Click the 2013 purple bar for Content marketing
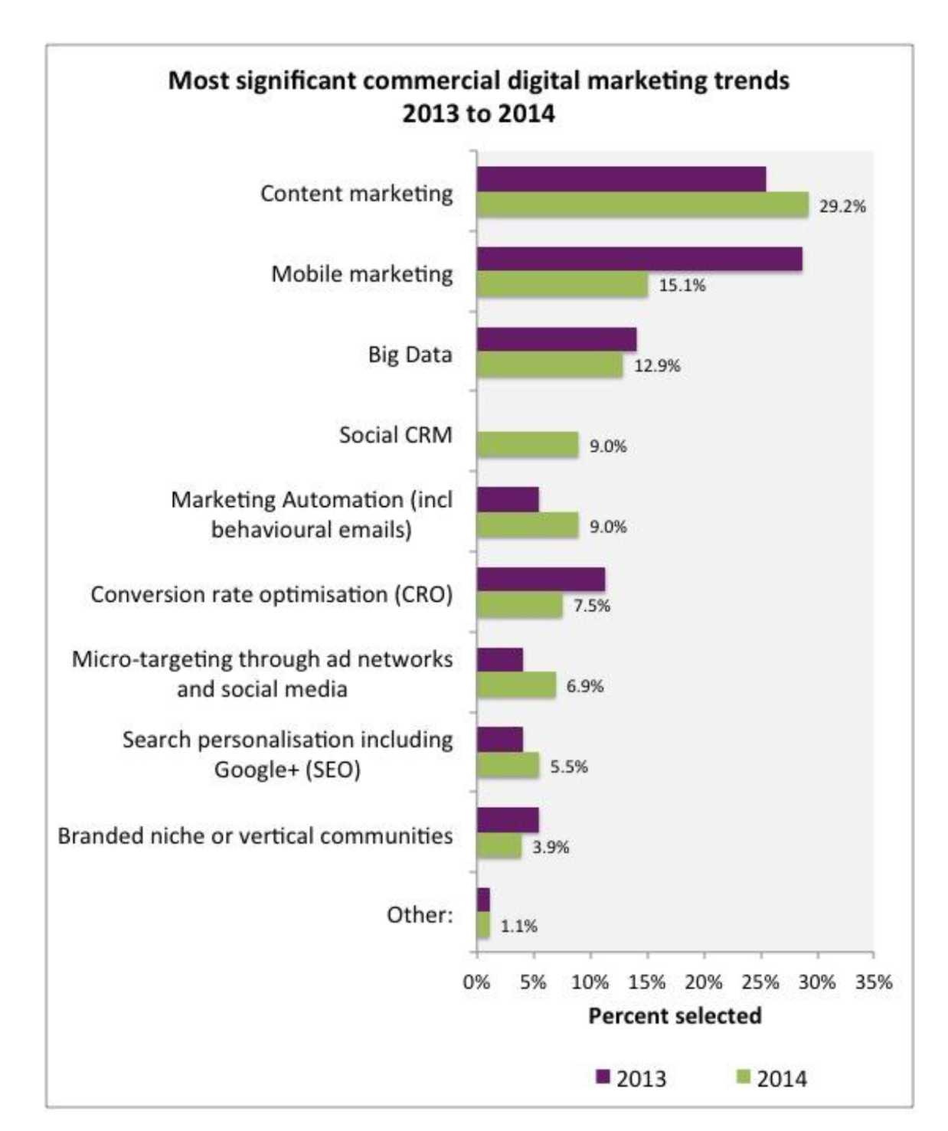621,179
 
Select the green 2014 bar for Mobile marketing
562,285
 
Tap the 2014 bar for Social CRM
527,445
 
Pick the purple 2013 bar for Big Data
556,339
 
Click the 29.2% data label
842,206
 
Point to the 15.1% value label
682,286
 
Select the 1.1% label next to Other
518,927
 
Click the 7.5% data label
591,606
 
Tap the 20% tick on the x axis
703,982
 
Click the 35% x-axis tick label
874,982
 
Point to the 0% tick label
476,982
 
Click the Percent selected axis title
675,1016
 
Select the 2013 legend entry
631,1078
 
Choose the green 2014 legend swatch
742,1077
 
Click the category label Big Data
410,355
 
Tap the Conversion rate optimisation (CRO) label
271,595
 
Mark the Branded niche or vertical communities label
255,835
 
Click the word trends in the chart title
754,80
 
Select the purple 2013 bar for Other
483,900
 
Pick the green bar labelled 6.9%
515,685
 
